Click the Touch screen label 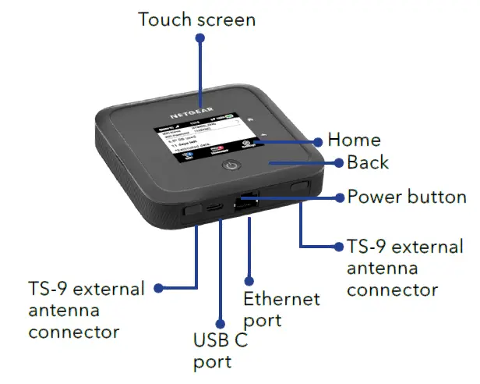196,19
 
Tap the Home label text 354,140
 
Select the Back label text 367,163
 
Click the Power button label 406,197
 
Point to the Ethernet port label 281,309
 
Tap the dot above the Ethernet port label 249,279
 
